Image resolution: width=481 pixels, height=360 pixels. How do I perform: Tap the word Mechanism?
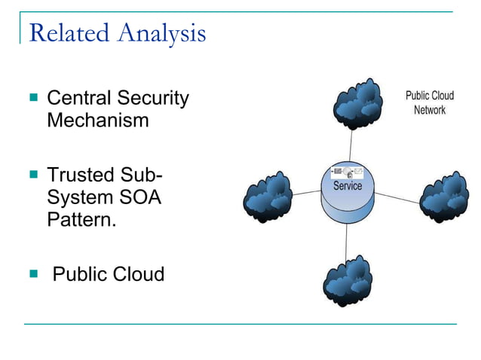[x=98, y=120]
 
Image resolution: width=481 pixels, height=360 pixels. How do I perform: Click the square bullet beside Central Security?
[x=32, y=98]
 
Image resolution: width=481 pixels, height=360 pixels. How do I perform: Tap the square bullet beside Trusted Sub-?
[x=32, y=175]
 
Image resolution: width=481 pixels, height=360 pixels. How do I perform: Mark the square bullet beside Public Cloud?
[x=32, y=273]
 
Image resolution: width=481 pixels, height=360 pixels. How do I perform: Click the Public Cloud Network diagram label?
[x=429, y=103]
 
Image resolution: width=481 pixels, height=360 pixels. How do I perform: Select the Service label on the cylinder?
[x=347, y=186]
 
